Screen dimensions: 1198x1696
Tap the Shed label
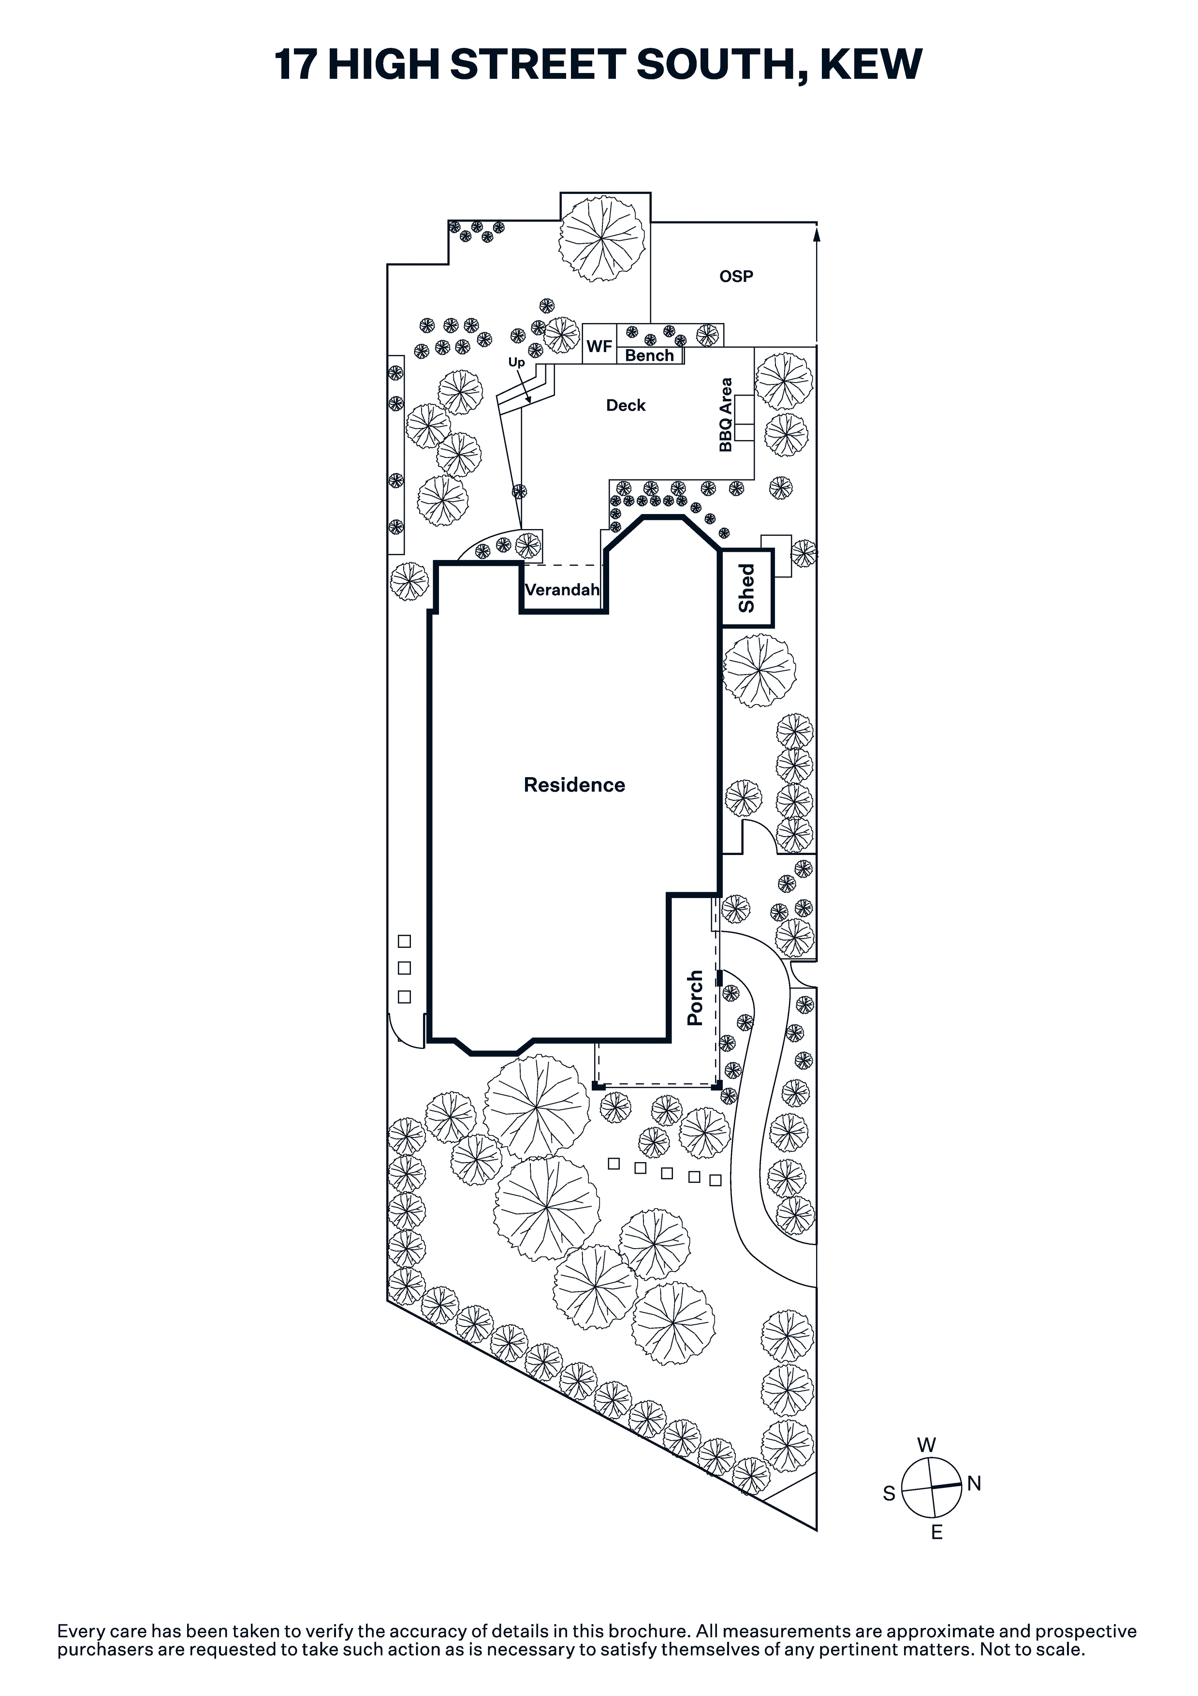click(747, 588)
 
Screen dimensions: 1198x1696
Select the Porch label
click(694, 998)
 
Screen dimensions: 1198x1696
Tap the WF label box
click(599, 346)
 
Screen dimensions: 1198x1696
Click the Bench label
click(649, 355)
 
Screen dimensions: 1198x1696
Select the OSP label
click(736, 276)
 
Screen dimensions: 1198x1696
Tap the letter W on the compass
click(926, 1445)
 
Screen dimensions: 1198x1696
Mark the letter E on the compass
click(936, 1532)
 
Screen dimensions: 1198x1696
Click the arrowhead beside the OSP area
click(817, 235)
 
